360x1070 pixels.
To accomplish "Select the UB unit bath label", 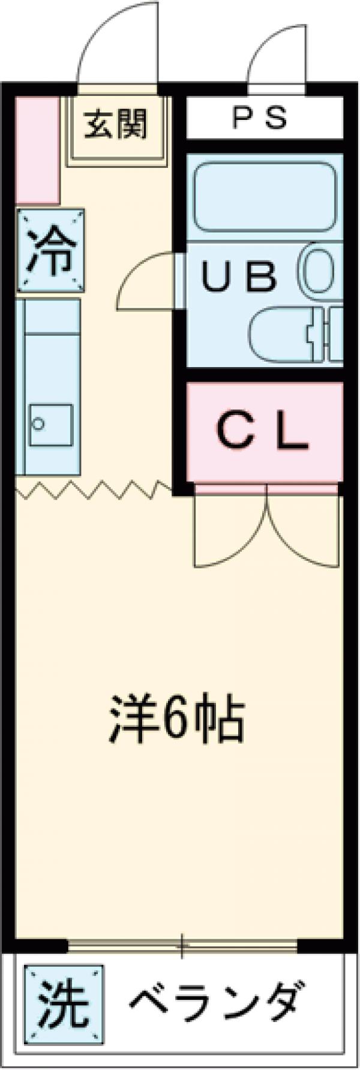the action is click(x=238, y=276).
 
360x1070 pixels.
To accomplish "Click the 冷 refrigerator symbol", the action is click(x=50, y=250).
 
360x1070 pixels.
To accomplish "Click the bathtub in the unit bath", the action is click(x=265, y=195).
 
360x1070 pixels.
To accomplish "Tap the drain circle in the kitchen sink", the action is click(x=38, y=424).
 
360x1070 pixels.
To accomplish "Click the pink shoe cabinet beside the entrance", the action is click(x=37, y=150).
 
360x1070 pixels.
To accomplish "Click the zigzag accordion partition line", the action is click(x=94, y=489).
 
